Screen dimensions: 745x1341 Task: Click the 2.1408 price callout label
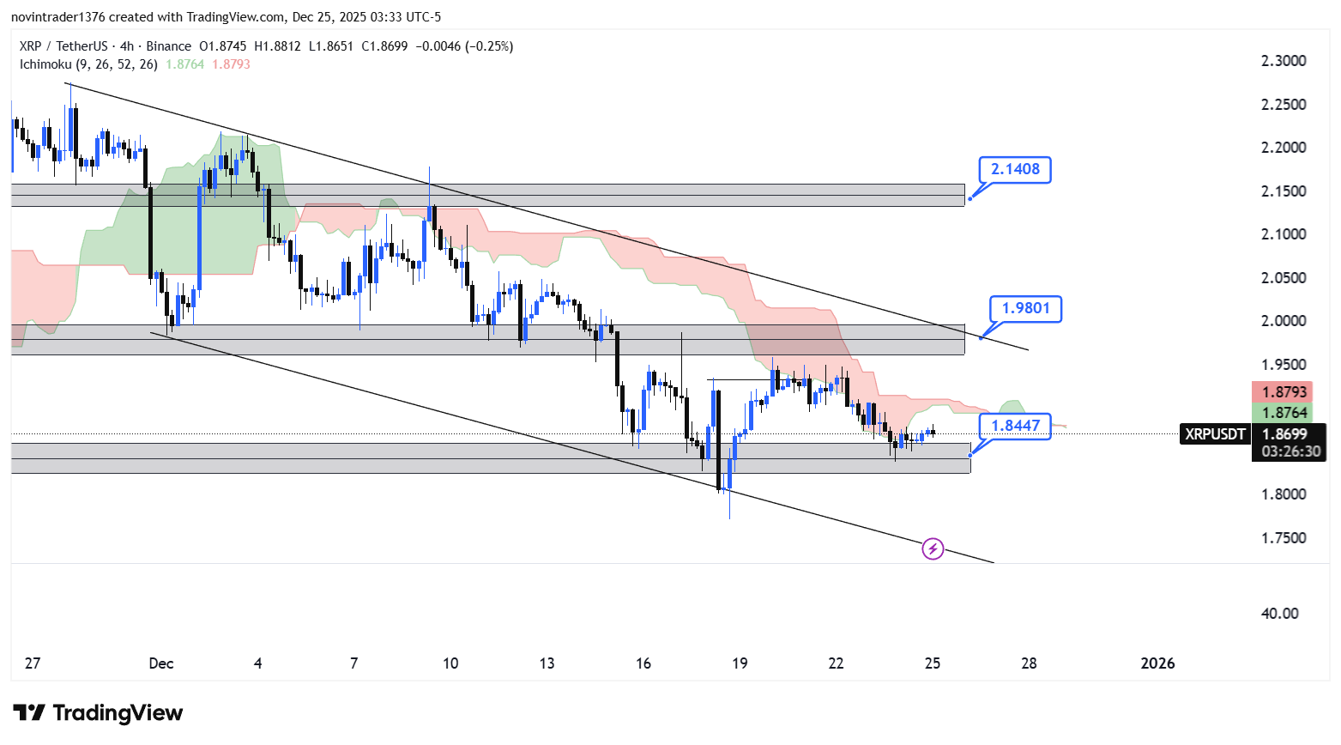1015,169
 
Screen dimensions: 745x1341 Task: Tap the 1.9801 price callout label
1025,308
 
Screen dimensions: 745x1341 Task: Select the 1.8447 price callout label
1015,426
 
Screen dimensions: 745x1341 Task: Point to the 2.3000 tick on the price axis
1284,61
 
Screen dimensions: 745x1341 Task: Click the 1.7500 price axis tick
1284,538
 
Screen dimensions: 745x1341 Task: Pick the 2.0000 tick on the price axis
1284,321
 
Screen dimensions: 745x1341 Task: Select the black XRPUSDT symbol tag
1215,434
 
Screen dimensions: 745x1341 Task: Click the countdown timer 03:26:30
1290,451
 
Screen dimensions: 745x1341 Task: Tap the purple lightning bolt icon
933,548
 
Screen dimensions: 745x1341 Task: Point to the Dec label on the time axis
161,663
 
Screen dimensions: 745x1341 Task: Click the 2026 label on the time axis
1157,663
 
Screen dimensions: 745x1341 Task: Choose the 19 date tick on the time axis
740,663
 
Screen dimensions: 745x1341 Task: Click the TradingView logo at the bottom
98,713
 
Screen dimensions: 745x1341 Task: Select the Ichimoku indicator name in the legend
45,64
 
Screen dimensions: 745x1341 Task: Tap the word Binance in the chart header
168,46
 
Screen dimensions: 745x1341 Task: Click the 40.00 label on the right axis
1279,614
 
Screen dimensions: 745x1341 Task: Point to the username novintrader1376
57,17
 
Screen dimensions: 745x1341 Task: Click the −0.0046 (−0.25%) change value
464,46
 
